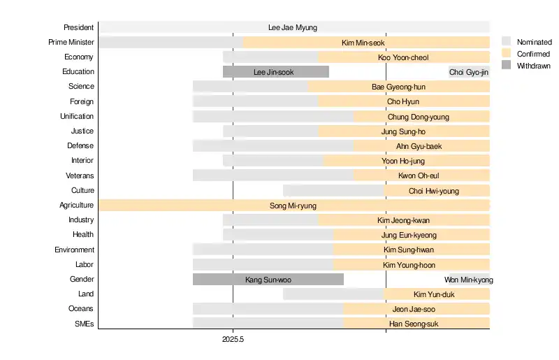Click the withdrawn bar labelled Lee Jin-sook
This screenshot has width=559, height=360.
pos(275,71)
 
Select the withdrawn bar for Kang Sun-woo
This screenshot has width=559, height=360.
pos(268,280)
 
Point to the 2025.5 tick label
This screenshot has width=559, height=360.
pos(233,338)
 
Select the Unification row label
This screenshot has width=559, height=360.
pos(77,116)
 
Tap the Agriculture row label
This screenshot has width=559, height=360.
pos(76,205)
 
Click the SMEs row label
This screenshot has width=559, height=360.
pos(84,324)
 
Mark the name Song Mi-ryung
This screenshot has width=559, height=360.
pos(293,206)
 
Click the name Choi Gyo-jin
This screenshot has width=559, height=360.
pos(469,71)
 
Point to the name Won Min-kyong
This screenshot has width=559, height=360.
pos(469,280)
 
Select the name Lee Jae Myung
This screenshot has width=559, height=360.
pos(293,27)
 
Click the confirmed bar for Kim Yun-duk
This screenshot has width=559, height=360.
pos(437,294)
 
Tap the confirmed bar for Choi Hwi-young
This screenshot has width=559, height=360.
pos(437,190)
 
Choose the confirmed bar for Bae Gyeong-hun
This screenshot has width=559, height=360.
pos(398,87)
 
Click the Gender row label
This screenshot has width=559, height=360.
pos(82,279)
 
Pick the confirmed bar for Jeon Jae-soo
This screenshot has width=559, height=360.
pos(416,309)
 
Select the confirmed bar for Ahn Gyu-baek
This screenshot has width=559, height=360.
pos(421,146)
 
